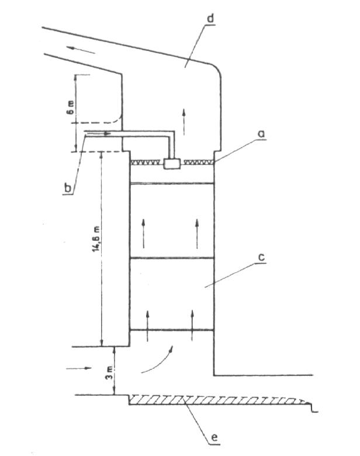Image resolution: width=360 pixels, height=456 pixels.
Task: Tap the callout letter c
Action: click(x=259, y=257)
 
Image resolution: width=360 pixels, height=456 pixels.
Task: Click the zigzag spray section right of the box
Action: click(x=199, y=162)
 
